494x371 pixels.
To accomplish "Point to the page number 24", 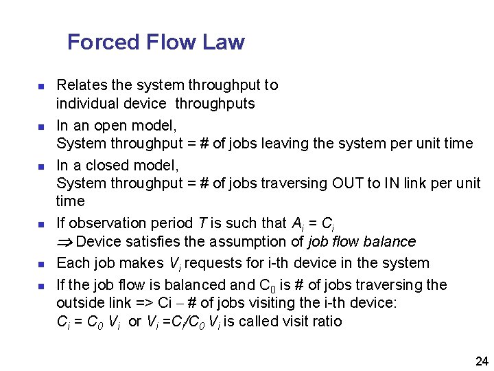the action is point(482,361).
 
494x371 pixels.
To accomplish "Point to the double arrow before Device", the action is point(65,243).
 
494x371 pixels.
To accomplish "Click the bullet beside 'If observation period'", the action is point(40,225).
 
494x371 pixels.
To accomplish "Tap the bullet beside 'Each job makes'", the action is point(40,265).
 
